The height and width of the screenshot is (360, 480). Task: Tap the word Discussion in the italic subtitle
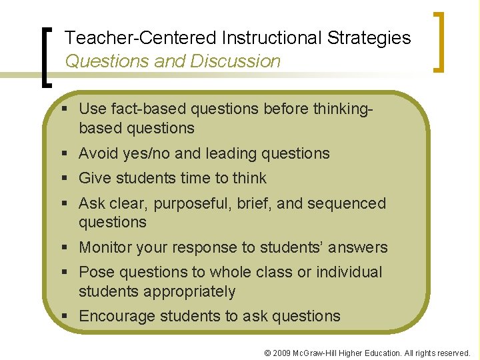coord(235,61)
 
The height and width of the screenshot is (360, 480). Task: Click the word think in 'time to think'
coord(249,179)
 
